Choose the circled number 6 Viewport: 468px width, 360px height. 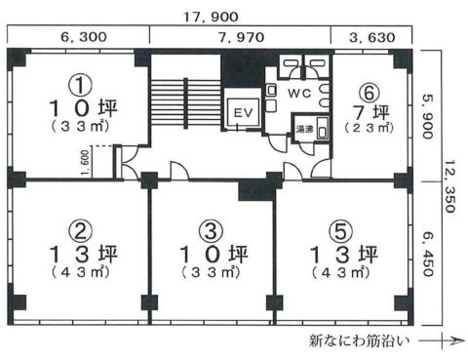[x=367, y=90]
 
